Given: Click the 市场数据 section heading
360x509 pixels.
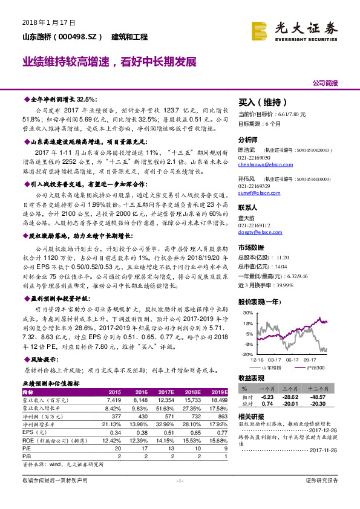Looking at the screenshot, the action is (252, 247).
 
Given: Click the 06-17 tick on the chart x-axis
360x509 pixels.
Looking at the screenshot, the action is (293, 360).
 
